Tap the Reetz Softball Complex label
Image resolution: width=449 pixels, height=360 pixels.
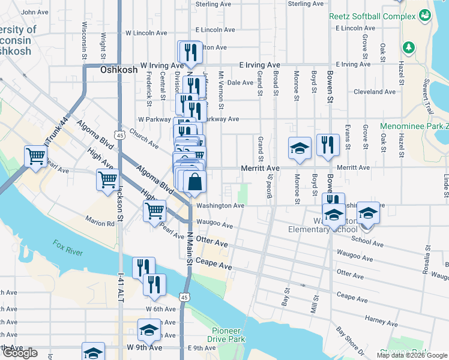point(373,16)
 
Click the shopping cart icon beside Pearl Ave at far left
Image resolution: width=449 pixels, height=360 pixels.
point(35,156)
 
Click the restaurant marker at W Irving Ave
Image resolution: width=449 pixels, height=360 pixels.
point(190,52)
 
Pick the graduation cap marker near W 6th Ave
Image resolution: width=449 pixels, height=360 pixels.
point(149,329)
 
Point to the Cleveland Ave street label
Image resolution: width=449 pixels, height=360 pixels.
point(375,92)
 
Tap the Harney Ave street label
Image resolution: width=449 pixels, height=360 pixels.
point(381,321)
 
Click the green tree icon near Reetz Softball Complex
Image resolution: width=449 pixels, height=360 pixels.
point(409,46)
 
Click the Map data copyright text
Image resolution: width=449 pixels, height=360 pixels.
point(412,355)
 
